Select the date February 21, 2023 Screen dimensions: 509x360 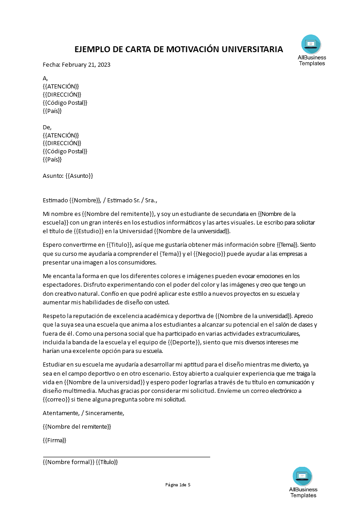pos(86,64)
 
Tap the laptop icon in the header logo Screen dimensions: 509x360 pos(311,44)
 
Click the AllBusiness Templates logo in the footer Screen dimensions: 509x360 pos(303,482)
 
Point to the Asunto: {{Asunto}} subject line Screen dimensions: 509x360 pos(68,176)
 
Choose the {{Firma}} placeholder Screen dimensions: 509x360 pos(54,440)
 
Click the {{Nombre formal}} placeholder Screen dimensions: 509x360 pos(69,462)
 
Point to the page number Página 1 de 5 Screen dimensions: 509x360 pos(178,485)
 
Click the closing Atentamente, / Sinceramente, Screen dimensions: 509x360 pos(83,413)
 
